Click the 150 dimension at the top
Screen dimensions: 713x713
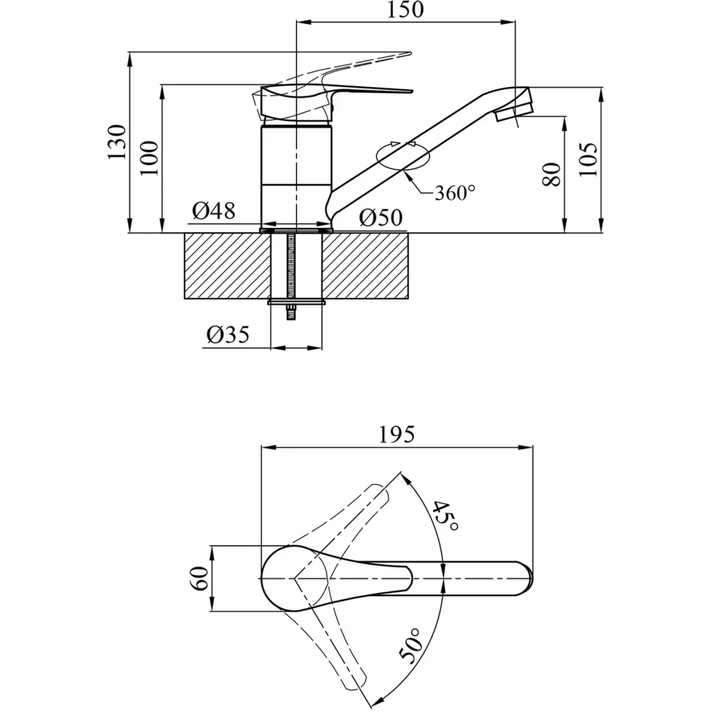pos(405,10)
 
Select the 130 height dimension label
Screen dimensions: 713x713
pos(117,142)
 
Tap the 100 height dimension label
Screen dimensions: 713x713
pos(149,159)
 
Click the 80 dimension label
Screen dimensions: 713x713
pos(551,174)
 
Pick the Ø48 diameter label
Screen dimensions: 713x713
pos(214,211)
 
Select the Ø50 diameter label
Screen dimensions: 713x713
pos(381,218)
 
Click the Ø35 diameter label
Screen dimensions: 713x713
pos(228,335)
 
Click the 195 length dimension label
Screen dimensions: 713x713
pos(396,434)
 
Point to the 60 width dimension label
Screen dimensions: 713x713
pos(201,579)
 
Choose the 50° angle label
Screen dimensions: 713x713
pos(412,645)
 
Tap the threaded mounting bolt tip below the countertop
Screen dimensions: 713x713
pos(290,314)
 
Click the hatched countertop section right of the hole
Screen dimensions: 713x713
pos(365,266)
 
